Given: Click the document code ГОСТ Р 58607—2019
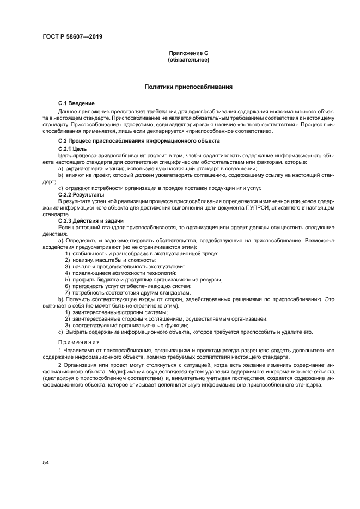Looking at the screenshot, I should click(x=72, y=37).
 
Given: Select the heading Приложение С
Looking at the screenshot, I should click(x=188, y=53).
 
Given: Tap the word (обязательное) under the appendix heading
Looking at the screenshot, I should click(x=188, y=60).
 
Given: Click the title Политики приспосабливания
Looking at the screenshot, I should click(x=188, y=87).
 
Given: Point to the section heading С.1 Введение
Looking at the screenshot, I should click(x=76, y=103).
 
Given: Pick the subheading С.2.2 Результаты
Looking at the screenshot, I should click(x=82, y=194).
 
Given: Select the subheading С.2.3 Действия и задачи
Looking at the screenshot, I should click(x=90, y=220).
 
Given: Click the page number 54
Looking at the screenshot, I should click(x=46, y=462).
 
